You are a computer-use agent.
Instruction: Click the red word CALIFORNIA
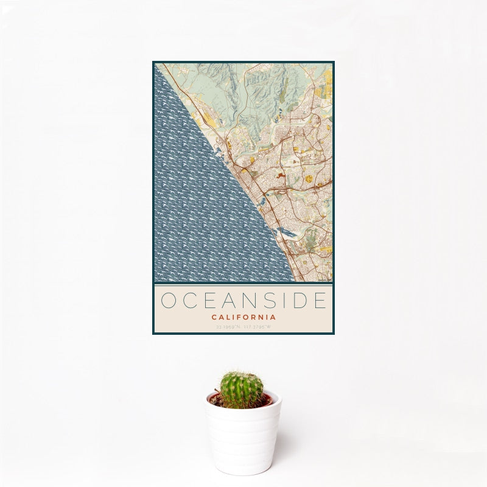pyautogui.click(x=243, y=317)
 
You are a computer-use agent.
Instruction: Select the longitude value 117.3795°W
pyautogui.click(x=258, y=327)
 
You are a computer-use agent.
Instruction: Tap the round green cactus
pyautogui.click(x=242, y=390)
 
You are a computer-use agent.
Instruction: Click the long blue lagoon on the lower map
pyautogui.click(x=286, y=232)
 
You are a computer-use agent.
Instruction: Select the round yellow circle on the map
pyautogui.click(x=309, y=178)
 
